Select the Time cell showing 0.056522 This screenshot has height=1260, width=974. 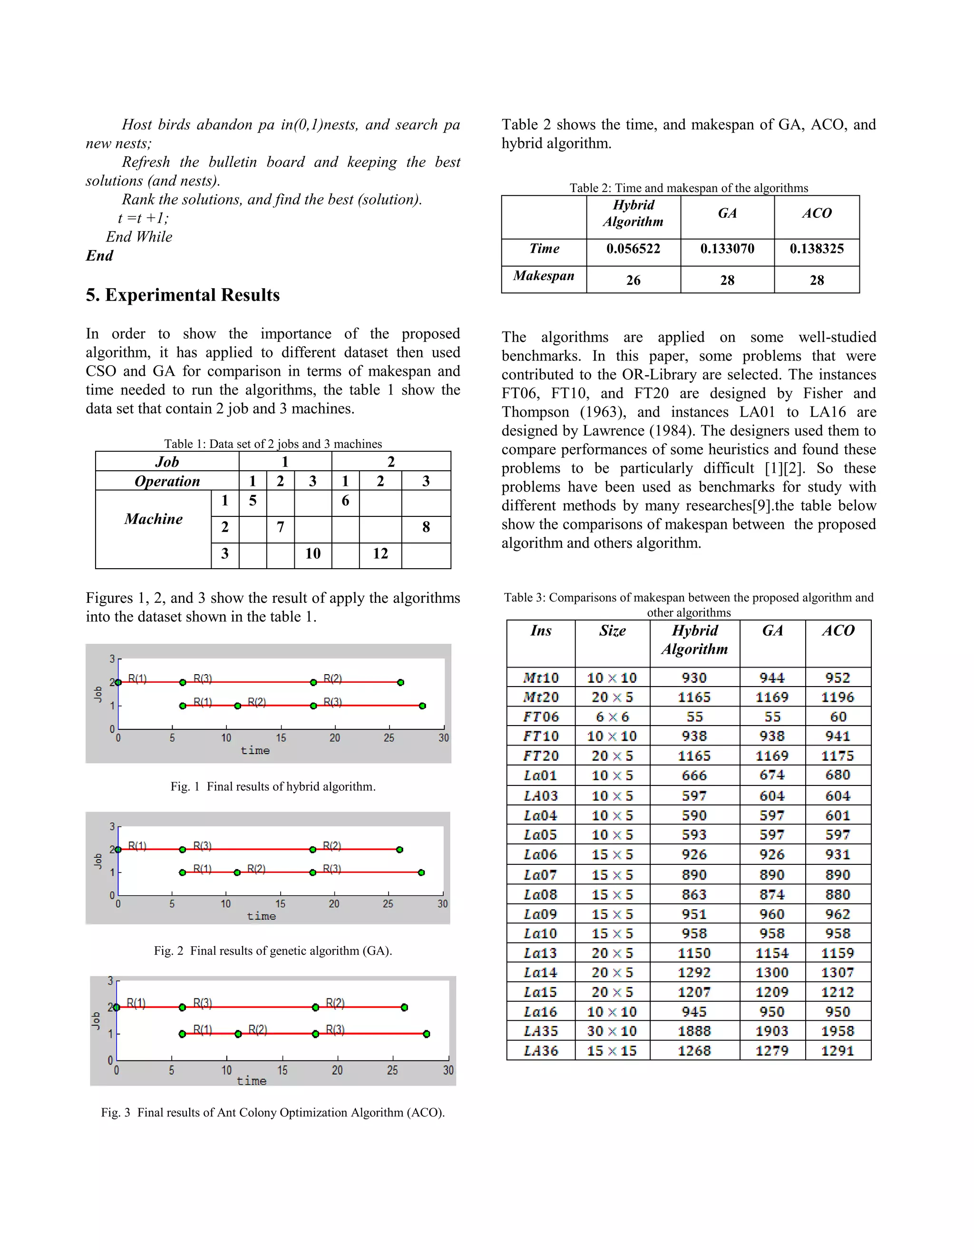[633, 249]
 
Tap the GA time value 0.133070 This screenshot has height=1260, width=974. [727, 249]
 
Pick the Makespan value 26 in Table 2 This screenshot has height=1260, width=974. [633, 281]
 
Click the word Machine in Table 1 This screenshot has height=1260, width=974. [154, 519]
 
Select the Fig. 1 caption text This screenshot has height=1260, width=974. [273, 786]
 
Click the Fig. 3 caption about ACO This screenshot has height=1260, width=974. [273, 1112]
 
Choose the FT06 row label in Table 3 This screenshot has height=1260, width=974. [541, 717]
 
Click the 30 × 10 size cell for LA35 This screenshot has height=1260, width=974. [612, 1031]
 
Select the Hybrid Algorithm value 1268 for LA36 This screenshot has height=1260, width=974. [694, 1051]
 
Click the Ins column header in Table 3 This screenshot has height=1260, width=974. [541, 630]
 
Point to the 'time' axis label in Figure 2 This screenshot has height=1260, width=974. [262, 916]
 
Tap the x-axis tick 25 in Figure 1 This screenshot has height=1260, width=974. [389, 738]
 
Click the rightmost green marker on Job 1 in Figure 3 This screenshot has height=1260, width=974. [427, 1034]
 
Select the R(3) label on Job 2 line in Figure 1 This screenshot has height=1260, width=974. [203, 678]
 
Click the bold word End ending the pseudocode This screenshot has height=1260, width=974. [99, 256]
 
